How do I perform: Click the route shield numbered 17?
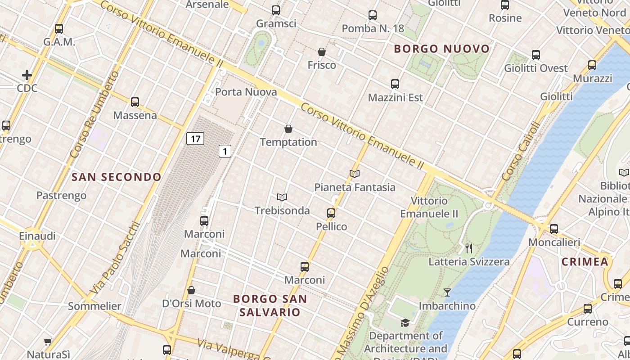click(195, 139)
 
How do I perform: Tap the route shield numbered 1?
click(225, 151)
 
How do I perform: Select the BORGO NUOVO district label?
click(441, 49)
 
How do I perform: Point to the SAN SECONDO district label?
click(117, 177)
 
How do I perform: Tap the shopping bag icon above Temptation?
click(288, 129)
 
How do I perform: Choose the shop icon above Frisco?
click(322, 52)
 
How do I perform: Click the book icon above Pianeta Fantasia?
click(355, 174)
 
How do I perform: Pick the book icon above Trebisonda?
click(282, 197)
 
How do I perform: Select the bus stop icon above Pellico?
click(331, 213)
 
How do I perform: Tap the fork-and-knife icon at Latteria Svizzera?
click(469, 248)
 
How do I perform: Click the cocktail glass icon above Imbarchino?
click(447, 292)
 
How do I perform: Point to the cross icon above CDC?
click(27, 75)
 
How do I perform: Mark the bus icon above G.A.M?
click(59, 29)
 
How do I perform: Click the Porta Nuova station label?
click(246, 92)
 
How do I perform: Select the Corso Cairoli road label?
click(520, 152)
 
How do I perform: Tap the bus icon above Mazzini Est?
click(395, 84)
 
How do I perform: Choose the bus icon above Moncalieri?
click(554, 229)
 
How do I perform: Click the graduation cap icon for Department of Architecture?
click(405, 323)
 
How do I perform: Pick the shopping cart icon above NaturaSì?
click(48, 342)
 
